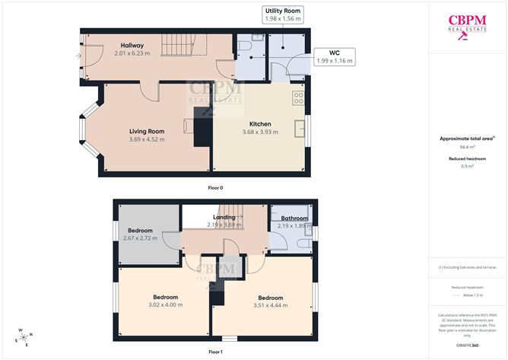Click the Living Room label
pyautogui.click(x=146, y=131)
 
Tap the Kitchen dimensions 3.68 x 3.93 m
pyautogui.click(x=260, y=132)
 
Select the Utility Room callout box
pyautogui.click(x=283, y=15)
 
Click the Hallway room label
pyautogui.click(x=132, y=46)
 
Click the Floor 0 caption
pyautogui.click(x=215, y=187)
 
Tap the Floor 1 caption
pyautogui.click(x=215, y=352)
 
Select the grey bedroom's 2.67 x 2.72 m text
pyautogui.click(x=140, y=238)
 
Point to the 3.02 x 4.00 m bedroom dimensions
pyautogui.click(x=166, y=305)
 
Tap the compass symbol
pyautogui.click(x=24, y=336)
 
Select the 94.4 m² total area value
pyautogui.click(x=467, y=147)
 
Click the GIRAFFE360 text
pyautogui.click(x=467, y=345)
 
